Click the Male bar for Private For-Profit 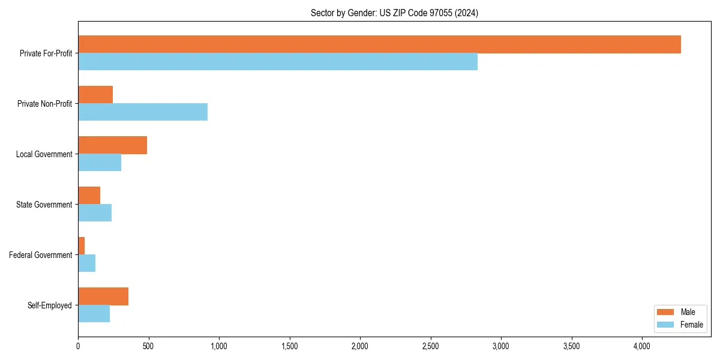pyautogui.click(x=379, y=44)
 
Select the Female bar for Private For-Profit pyautogui.click(x=278, y=62)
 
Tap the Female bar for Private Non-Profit pyautogui.click(x=143, y=112)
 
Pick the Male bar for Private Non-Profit pyautogui.click(x=95, y=95)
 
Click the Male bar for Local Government pyautogui.click(x=112, y=145)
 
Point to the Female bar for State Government pyautogui.click(x=95, y=213)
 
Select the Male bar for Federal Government pyautogui.click(x=82, y=246)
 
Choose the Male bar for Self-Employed pyautogui.click(x=103, y=296)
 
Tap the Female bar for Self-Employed pyautogui.click(x=94, y=314)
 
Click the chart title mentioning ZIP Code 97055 pyautogui.click(x=394, y=13)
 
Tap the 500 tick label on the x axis pyautogui.click(x=148, y=346)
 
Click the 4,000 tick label pyautogui.click(x=642, y=346)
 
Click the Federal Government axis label pyautogui.click(x=40, y=255)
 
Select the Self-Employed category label pyautogui.click(x=49, y=305)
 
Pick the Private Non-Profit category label pyautogui.click(x=44, y=104)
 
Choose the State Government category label pyautogui.click(x=44, y=205)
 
